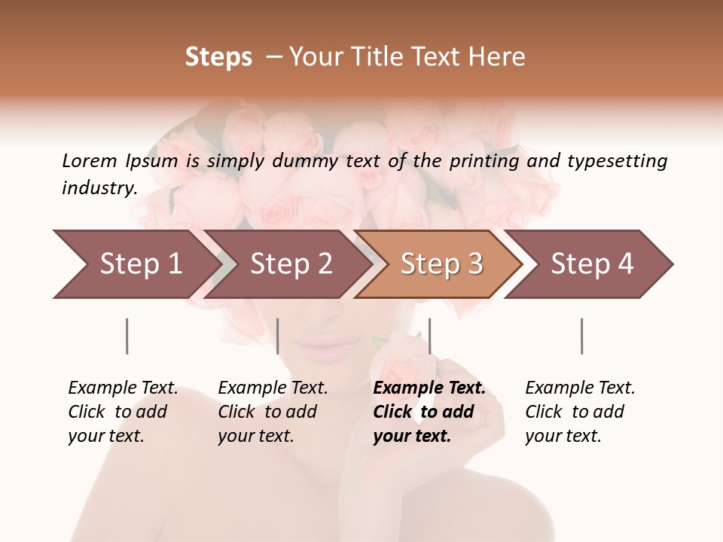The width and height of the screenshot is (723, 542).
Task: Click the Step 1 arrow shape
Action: point(136,264)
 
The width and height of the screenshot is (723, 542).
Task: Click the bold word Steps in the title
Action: point(218,57)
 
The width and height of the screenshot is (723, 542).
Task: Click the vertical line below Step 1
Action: point(127,336)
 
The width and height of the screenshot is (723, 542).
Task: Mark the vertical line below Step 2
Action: point(278,336)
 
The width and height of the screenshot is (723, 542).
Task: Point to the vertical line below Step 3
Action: point(429,336)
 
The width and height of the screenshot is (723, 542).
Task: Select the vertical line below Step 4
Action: point(581,336)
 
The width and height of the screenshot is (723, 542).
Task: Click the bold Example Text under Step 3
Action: point(429,388)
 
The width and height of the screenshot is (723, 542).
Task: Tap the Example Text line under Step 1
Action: point(123,388)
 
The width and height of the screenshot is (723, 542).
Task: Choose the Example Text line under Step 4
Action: point(580,388)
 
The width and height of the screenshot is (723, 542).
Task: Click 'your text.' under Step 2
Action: point(255,436)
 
